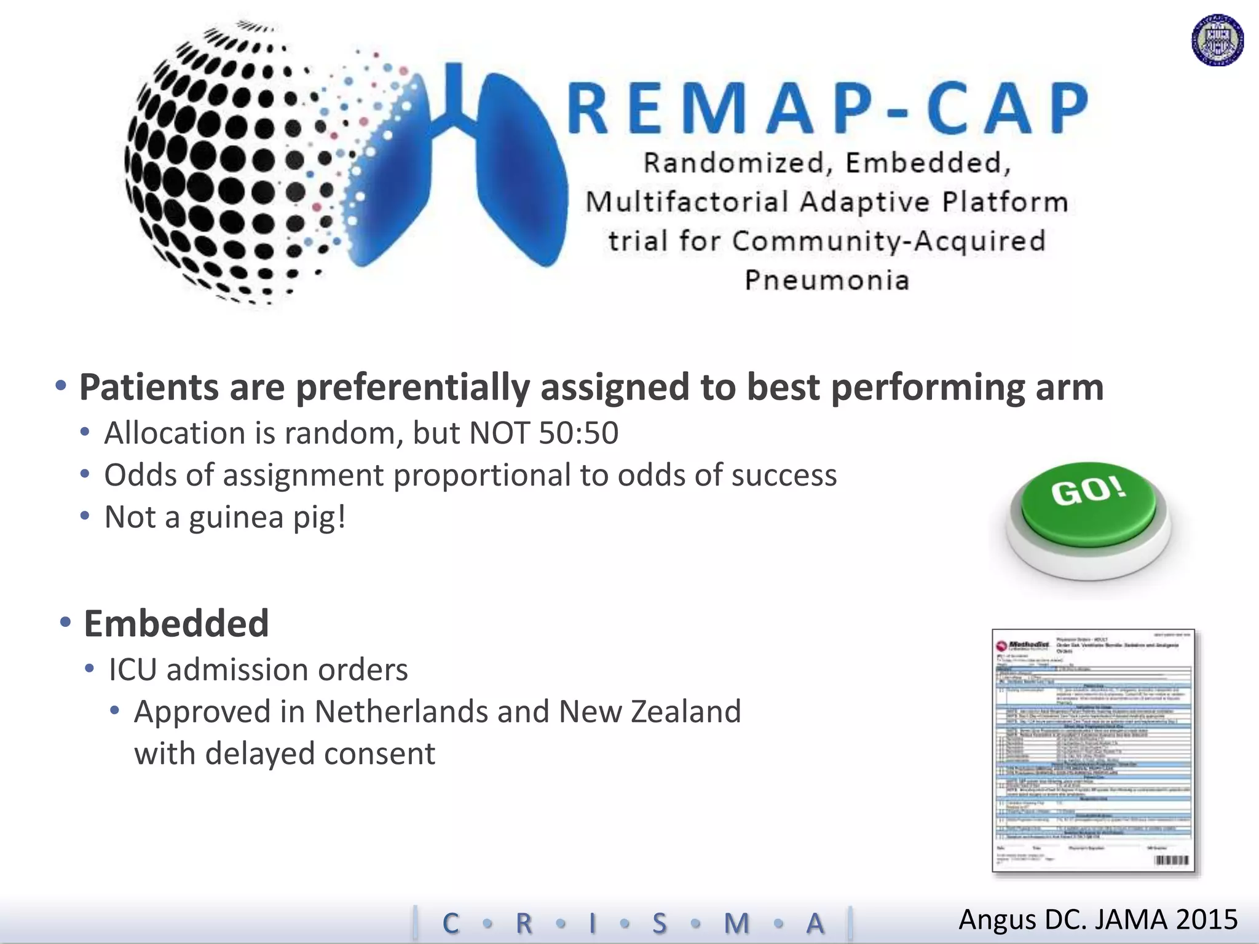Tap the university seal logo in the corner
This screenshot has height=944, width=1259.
[x=1217, y=41]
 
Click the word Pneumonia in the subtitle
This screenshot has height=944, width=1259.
[x=827, y=280]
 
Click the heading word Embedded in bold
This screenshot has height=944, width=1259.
[x=176, y=623]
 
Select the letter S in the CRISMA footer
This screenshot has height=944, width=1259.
[x=659, y=923]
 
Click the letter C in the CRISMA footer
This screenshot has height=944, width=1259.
[x=451, y=923]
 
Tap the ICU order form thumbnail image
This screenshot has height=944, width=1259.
[x=1093, y=750]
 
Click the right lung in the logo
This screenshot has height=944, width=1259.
[x=523, y=172]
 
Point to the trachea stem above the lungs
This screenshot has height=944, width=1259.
[x=454, y=92]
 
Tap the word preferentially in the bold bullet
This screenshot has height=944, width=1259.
[x=412, y=388]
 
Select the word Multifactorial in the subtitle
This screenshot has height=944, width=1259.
[x=687, y=202]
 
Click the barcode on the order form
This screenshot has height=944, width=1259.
[x=1172, y=860]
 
